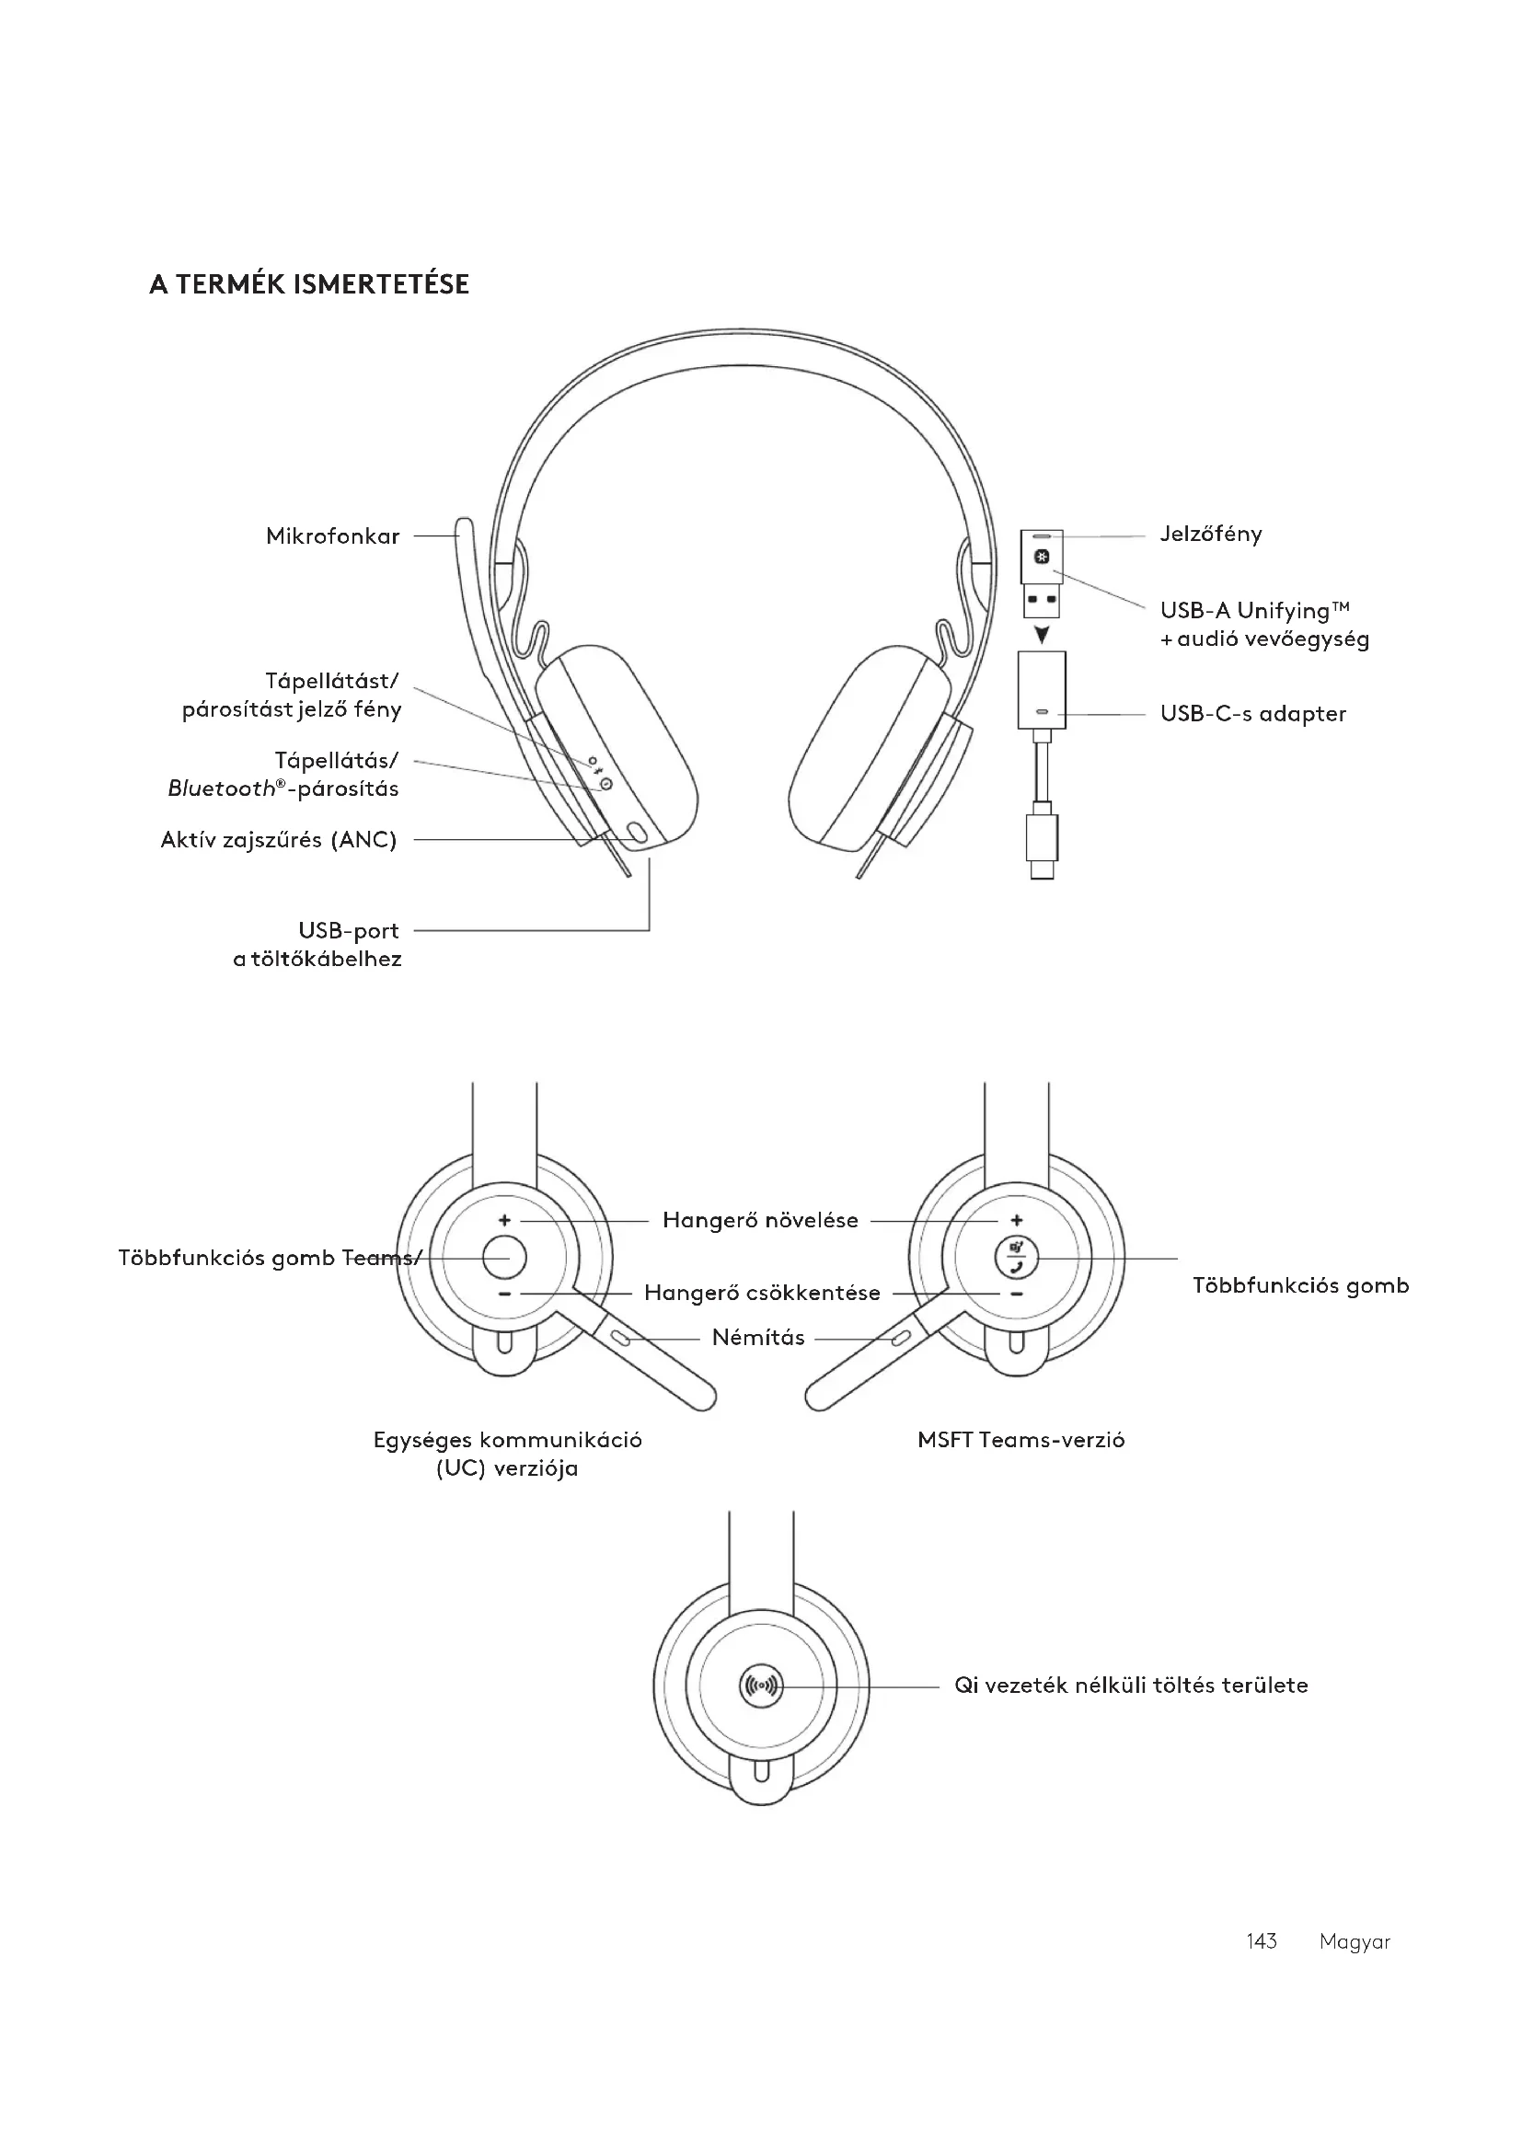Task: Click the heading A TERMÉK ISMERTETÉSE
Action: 308,284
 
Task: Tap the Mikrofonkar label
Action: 333,536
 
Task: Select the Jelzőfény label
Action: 1211,535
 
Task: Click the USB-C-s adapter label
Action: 1252,714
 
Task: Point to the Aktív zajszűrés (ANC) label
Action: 278,840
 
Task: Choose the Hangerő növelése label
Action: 760,1220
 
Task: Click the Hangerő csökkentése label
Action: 762,1294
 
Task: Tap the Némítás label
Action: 758,1338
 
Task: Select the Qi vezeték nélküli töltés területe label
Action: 1130,1686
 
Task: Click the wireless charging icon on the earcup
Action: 760,1686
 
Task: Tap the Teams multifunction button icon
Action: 1017,1257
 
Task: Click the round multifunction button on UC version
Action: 504,1258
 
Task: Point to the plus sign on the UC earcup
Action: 504,1220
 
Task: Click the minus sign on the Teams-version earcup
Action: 1017,1295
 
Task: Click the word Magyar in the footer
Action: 1355,1941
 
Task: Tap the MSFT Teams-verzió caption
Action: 1020,1441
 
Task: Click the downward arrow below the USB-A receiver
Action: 1042,636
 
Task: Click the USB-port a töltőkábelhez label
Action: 317,945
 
